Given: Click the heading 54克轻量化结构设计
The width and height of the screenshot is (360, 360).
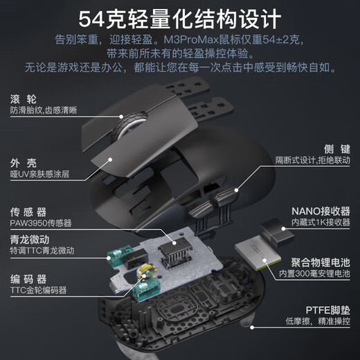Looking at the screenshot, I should click(x=179, y=17).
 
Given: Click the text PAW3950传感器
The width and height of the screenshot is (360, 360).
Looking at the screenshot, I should click(x=40, y=223).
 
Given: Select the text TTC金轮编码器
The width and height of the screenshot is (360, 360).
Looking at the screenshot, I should click(x=40, y=292).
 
